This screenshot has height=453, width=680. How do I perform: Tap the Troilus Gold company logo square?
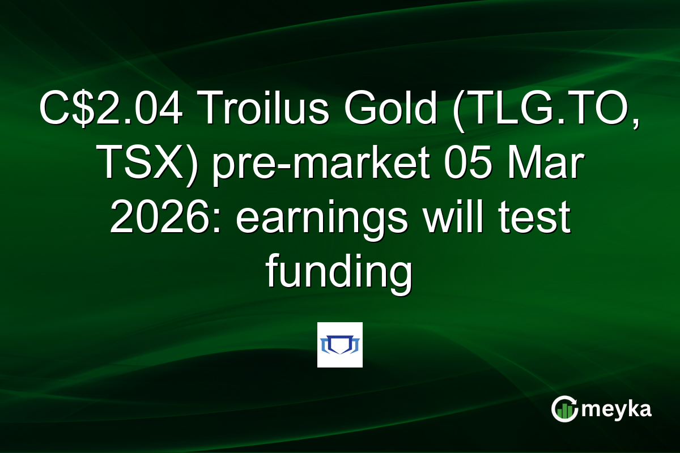point(340,345)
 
